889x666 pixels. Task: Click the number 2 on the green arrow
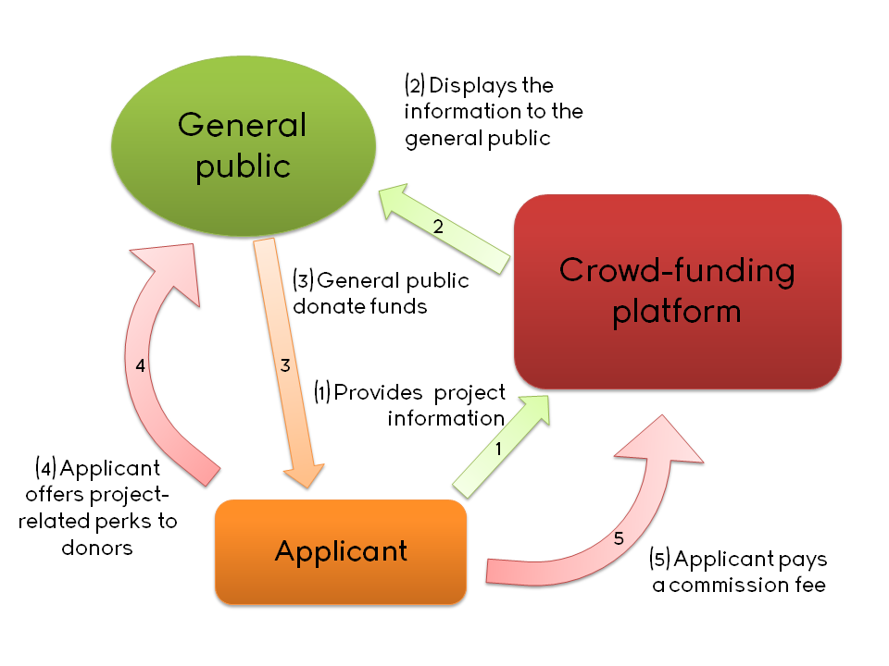(x=440, y=227)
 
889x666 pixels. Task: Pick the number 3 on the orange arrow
(x=285, y=365)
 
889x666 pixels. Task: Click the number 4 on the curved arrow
(x=140, y=365)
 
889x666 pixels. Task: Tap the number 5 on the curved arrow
(x=619, y=538)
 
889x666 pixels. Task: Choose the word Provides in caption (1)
(x=372, y=391)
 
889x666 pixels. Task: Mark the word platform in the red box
(x=677, y=311)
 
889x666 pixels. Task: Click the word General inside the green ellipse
(x=243, y=124)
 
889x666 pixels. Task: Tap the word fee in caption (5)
(x=809, y=586)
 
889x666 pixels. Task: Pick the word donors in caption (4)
(x=97, y=548)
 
